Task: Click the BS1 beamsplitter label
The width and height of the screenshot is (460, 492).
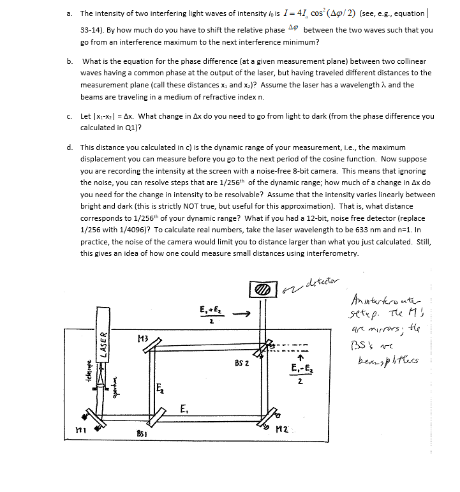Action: tap(142, 433)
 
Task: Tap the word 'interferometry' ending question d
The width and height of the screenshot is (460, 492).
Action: tap(336, 253)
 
